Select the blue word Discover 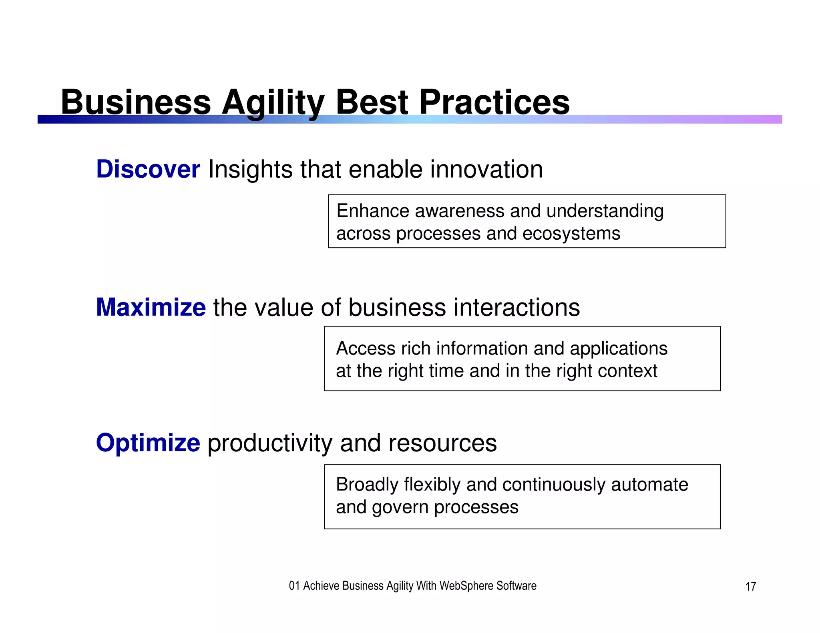point(148,169)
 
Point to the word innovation point(486,169)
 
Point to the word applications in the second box point(619,348)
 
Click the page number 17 point(750,587)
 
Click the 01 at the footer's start point(294,586)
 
